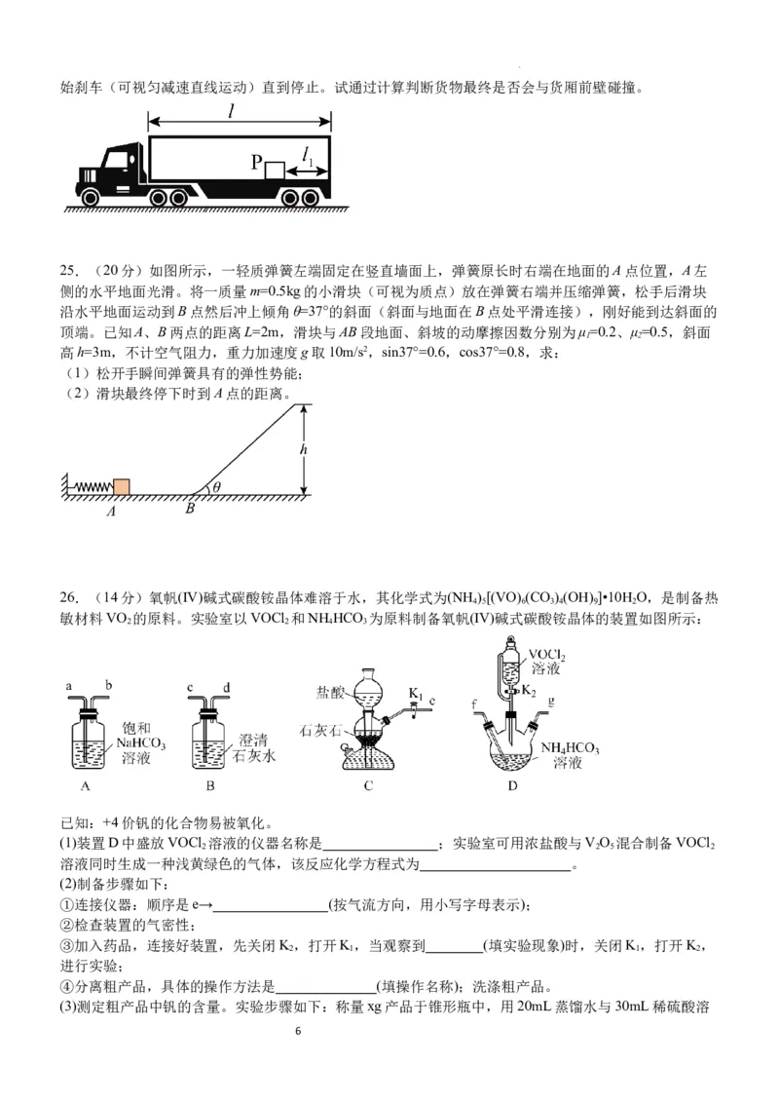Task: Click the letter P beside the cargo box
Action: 257,163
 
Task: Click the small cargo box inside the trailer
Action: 275,170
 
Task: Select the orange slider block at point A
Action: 122,487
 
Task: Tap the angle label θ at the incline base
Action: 216,487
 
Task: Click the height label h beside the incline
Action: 304,450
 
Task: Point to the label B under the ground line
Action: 190,508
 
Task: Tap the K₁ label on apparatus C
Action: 416,694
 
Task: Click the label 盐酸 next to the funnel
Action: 329,693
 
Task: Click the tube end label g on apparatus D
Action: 551,700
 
